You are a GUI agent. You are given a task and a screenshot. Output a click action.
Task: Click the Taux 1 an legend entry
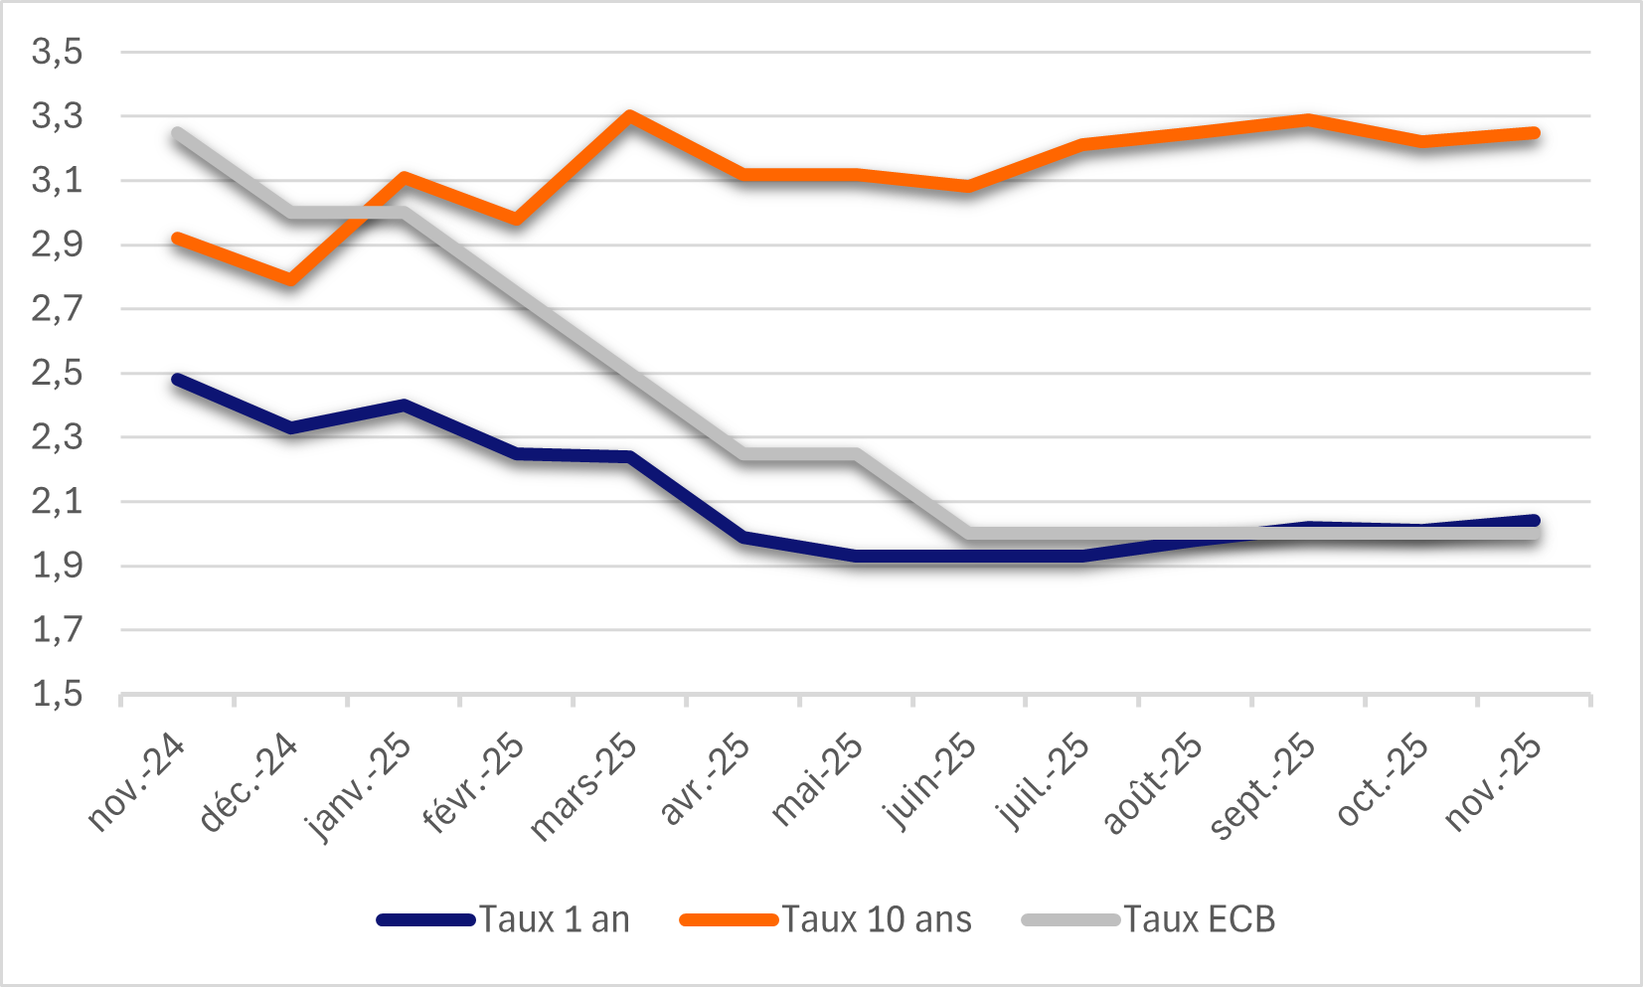click(x=504, y=919)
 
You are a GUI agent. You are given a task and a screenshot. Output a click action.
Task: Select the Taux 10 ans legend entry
click(x=826, y=919)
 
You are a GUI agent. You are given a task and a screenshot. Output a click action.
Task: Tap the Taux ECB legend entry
click(x=1149, y=919)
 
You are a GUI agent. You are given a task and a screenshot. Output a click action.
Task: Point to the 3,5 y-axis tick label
click(x=57, y=52)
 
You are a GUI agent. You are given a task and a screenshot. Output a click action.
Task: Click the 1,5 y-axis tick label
click(x=57, y=694)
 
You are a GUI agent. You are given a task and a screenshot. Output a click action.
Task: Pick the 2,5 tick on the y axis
click(x=57, y=374)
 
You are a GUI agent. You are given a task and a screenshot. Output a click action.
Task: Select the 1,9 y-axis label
click(x=57, y=566)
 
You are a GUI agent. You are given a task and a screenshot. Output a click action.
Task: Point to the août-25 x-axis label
click(x=1152, y=784)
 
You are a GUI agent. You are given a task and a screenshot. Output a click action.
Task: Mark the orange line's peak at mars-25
click(x=629, y=115)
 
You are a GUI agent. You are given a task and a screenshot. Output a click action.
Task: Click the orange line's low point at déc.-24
click(x=290, y=279)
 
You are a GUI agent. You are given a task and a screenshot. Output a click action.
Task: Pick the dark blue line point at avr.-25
click(x=742, y=537)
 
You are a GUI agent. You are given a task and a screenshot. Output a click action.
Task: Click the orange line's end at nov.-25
click(x=1534, y=133)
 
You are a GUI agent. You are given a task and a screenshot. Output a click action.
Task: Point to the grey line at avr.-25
click(x=742, y=454)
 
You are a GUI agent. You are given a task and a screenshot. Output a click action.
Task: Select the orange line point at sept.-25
click(x=1308, y=120)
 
